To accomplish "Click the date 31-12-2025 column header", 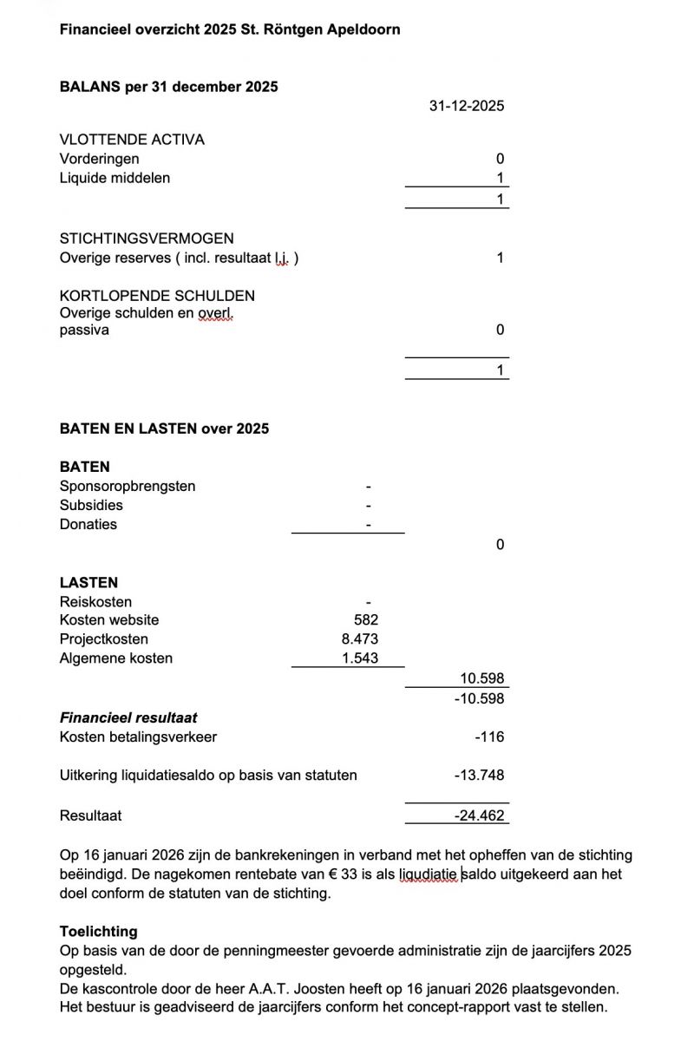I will point(466,107).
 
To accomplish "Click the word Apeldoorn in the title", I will point(363,29).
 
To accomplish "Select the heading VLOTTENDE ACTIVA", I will point(132,140).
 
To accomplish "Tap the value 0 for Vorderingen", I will point(500,159).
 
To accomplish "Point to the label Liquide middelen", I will point(115,178).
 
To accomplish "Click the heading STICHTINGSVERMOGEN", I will point(147,239).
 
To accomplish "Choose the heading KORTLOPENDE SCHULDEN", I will point(157,296).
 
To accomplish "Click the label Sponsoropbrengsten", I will point(128,486).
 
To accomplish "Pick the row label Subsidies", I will point(91,505).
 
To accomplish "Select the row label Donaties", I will point(88,524).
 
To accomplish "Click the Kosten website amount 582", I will point(366,620).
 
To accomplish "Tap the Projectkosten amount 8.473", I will point(360,639).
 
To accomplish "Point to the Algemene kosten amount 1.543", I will point(360,658).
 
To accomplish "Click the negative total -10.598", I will point(479,698).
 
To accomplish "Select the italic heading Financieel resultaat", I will point(128,718).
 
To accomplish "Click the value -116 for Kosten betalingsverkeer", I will point(489,737).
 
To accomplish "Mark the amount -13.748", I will point(479,776).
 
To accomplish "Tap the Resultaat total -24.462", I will point(479,815).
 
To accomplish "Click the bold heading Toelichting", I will point(98,932).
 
